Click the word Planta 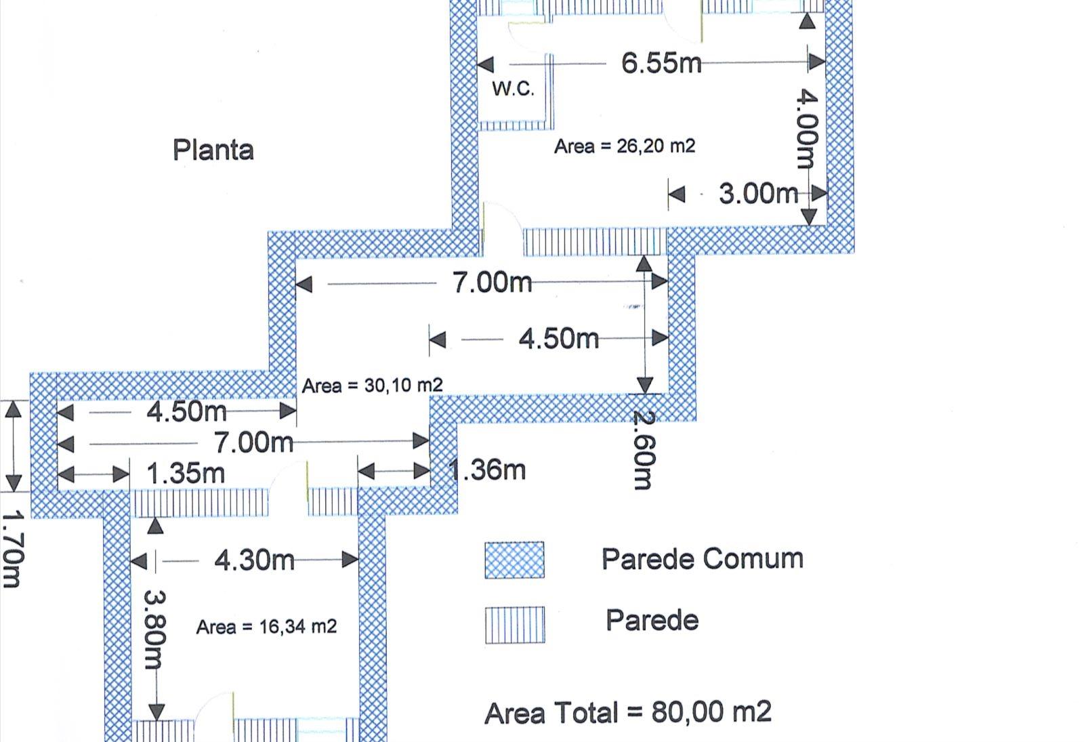(213, 150)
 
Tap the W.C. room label (514, 89)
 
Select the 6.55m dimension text (661, 63)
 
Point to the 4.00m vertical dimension (807, 128)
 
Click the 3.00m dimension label (759, 194)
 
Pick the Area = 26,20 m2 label (625, 146)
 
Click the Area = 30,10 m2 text (372, 386)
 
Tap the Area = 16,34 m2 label (266, 627)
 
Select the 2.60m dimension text (644, 450)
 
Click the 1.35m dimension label (186, 474)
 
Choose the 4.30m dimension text (255, 560)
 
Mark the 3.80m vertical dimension (155, 630)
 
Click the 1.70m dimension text (12, 550)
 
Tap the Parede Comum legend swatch (514, 560)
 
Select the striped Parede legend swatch (515, 625)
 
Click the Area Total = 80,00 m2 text (628, 712)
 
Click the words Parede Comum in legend (703, 558)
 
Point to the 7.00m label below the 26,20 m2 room (492, 282)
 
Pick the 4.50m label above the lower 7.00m (186, 412)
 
